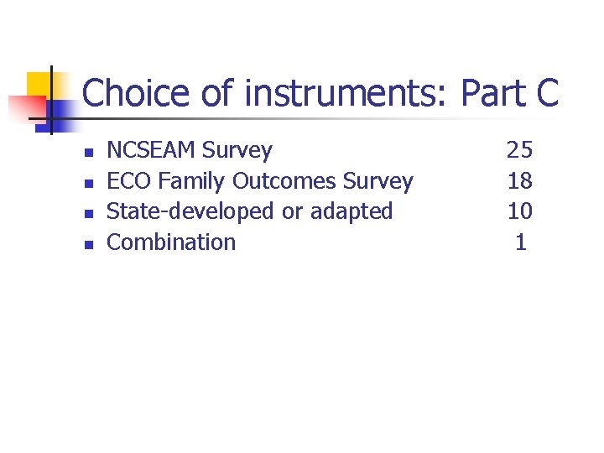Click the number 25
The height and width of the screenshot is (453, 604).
point(519,150)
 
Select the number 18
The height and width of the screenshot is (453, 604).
point(519,181)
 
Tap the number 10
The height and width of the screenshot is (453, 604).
point(519,211)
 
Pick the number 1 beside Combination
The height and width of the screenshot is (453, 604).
point(521,242)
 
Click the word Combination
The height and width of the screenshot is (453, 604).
point(171,242)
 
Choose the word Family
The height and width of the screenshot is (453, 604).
point(192,181)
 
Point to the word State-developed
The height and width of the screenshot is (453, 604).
point(191,211)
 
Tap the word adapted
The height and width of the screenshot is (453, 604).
point(351,211)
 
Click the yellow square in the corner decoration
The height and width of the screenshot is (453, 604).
point(39,85)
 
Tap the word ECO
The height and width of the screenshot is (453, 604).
point(129,181)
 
